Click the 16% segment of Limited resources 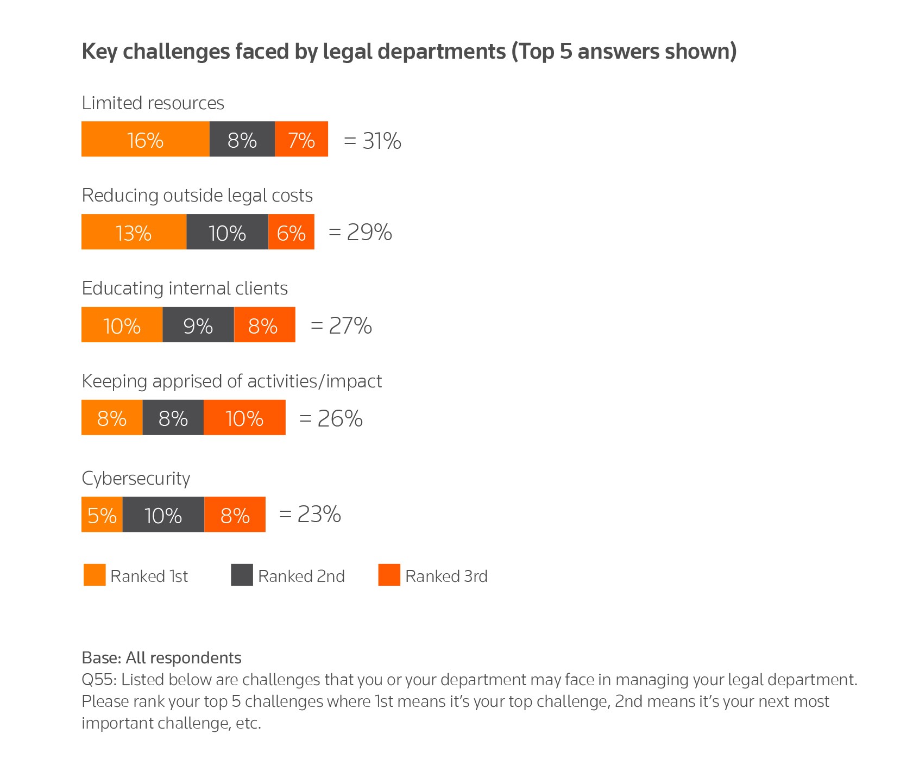[x=145, y=139]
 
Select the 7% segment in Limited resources [x=301, y=139]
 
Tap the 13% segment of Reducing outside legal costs [x=134, y=232]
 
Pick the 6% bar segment [x=291, y=232]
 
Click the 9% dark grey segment [x=198, y=325]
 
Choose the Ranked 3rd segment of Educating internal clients [x=265, y=325]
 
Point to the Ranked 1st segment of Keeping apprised [x=112, y=418]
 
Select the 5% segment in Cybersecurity [x=102, y=515]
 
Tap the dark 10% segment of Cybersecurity [x=163, y=515]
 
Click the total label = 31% [x=373, y=141]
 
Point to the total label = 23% [x=310, y=514]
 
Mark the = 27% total [x=341, y=325]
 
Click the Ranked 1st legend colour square [x=95, y=575]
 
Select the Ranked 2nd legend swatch [x=242, y=575]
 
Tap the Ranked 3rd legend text [x=446, y=576]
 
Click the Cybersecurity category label [x=136, y=478]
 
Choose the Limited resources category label [x=153, y=103]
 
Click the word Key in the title [x=99, y=52]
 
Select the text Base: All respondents [x=161, y=658]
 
